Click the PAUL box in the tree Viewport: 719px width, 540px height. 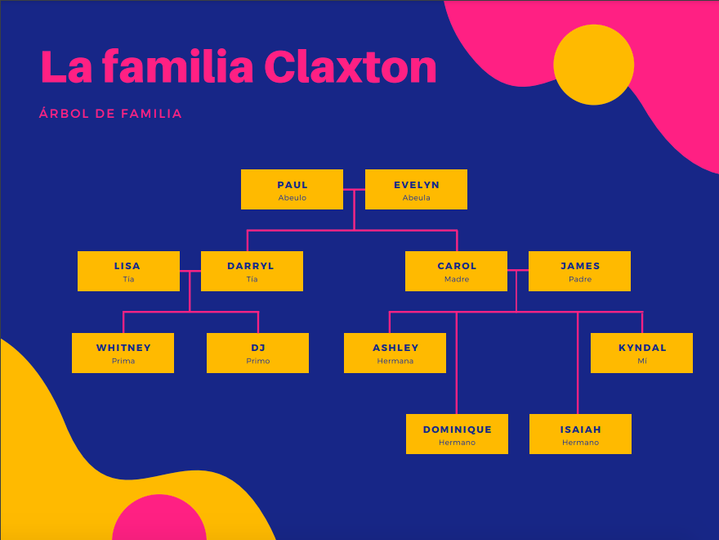(293, 190)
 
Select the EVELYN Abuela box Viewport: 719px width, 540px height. (417, 190)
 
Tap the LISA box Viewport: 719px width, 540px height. (128, 272)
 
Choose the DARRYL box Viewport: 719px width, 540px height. (252, 272)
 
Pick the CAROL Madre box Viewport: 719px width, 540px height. (456, 272)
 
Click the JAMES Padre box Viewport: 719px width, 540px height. (579, 272)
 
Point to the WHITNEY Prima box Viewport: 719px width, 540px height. (123, 353)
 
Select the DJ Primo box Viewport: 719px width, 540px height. (257, 353)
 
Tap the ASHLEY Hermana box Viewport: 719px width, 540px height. (395, 353)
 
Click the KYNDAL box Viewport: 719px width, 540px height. (641, 353)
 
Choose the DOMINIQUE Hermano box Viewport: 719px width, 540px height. (457, 434)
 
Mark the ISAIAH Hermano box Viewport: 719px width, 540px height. (581, 434)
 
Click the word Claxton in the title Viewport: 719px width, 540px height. (351, 67)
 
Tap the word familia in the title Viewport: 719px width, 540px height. (178, 67)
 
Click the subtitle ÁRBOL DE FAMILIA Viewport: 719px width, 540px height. (110, 114)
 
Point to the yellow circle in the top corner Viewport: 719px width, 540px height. (594, 65)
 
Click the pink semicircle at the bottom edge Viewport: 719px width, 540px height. (159, 517)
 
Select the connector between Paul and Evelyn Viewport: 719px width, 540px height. (354, 190)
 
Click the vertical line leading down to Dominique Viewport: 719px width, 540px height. (456, 363)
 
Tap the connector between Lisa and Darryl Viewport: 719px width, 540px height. (190, 272)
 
